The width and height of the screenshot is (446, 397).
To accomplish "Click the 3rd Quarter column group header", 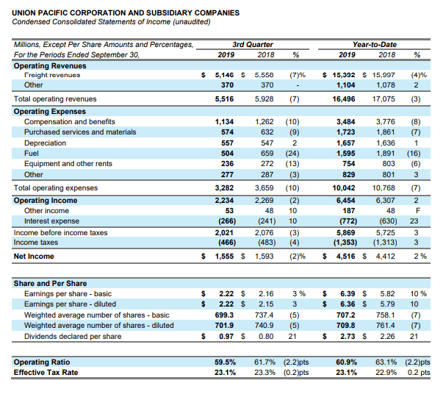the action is (252, 44).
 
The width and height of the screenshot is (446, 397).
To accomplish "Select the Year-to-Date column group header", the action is (374, 44).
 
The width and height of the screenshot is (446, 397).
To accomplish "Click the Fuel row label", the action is (32, 154).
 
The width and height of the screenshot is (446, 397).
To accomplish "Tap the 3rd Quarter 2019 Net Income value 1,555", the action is (224, 256).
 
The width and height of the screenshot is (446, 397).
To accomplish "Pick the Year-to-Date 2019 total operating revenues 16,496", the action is (344, 99).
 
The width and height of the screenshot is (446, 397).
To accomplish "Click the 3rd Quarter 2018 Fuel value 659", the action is (267, 154).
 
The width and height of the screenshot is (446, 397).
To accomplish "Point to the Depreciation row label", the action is (45, 143).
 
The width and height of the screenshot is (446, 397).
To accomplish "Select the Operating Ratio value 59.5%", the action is (225, 362).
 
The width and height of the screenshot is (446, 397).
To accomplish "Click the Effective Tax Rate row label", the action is (46, 372).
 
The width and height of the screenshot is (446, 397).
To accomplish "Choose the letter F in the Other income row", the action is (417, 210).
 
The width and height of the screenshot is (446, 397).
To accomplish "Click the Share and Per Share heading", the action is (51, 284).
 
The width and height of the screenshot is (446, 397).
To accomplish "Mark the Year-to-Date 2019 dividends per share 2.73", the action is (348, 337).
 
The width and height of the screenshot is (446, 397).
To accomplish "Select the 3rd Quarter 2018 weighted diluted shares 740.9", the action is (264, 325).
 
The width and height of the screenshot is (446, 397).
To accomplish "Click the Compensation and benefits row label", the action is (70, 122).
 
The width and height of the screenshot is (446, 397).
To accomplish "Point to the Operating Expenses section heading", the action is (50, 112).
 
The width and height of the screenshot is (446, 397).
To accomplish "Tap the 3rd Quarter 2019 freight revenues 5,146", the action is (224, 75).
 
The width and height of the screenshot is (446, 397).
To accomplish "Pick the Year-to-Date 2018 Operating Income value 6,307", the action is (385, 201).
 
